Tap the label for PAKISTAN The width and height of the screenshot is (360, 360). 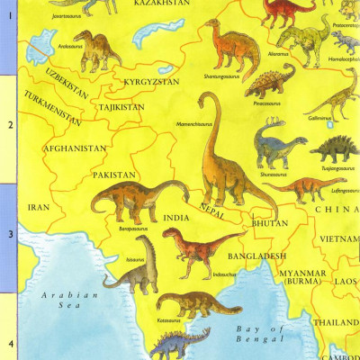112,175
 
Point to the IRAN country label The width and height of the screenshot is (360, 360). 39,206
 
